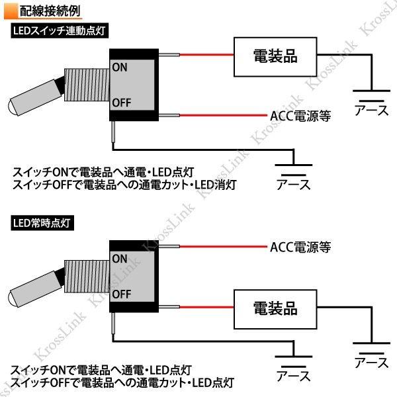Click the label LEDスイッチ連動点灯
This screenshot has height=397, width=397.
pos(59,30)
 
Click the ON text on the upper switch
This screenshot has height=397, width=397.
pos(120,67)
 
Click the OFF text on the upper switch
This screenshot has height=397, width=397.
pos(122,103)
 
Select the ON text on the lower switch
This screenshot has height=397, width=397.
pos(120,258)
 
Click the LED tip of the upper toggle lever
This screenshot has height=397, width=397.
pos(13,106)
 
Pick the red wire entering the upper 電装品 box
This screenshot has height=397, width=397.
pos(206,56)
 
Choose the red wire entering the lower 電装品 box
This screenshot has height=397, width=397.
pos(206,308)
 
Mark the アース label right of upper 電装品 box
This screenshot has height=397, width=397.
pos(372,110)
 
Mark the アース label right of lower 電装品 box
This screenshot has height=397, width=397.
pos(372,363)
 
